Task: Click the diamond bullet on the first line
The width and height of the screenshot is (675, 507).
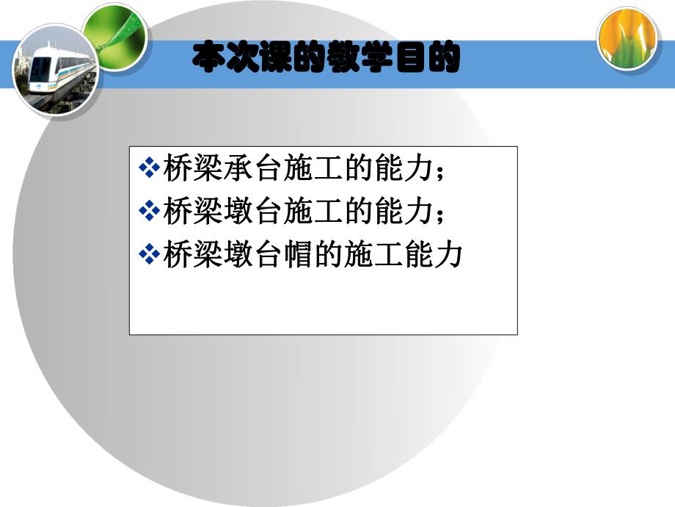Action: (x=149, y=168)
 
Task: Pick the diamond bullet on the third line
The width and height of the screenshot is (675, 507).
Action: (x=149, y=255)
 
